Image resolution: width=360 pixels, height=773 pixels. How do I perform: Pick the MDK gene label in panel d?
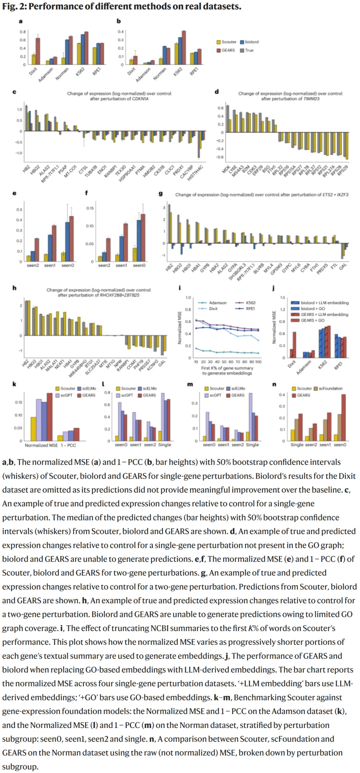(x=226, y=170)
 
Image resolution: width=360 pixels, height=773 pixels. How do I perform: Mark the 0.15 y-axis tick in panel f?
(x=90, y=208)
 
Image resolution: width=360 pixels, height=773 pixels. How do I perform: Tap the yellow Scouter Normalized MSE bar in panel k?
(x=33, y=429)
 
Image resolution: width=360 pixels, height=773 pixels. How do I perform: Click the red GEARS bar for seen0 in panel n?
(x=344, y=417)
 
